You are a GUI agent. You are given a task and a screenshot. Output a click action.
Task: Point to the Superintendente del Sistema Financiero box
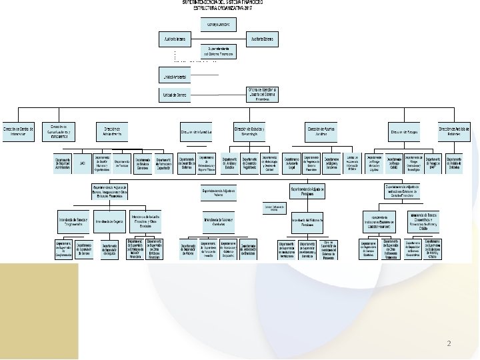(x=218, y=51)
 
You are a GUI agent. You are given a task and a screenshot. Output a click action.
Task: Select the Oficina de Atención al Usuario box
(x=261, y=94)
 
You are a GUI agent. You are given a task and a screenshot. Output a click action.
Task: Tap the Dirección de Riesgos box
(x=405, y=132)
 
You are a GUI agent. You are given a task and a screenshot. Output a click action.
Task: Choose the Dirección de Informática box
(x=196, y=132)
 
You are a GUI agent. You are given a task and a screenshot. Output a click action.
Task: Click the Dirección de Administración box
(x=111, y=131)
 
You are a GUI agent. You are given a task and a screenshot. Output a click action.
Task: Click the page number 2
(x=449, y=344)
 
